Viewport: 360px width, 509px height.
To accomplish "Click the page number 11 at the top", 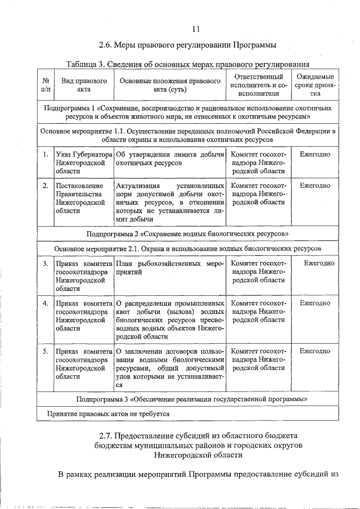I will (x=195, y=29).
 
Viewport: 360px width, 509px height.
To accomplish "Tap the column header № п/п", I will (x=46, y=83).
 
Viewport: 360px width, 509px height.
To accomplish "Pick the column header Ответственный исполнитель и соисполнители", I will (x=258, y=83).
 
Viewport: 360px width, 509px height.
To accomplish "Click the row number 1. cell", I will (x=45, y=154).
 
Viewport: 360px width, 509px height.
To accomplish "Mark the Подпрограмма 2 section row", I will (x=188, y=233).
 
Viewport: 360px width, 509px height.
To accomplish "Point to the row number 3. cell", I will (x=45, y=263).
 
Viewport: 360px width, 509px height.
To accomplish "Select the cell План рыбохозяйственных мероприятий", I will (x=169, y=267).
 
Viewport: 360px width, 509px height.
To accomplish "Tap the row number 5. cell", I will (x=45, y=351).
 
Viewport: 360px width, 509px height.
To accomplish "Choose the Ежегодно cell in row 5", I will (x=314, y=351).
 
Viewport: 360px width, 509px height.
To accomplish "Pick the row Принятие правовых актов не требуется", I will (x=111, y=414).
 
